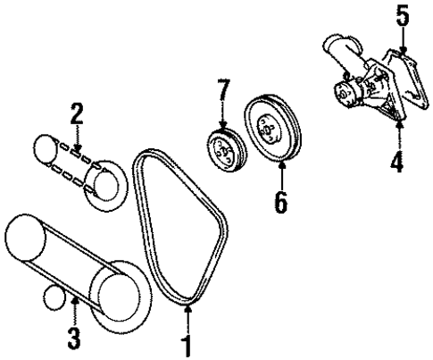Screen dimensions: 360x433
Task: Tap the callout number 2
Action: pyautogui.click(x=77, y=114)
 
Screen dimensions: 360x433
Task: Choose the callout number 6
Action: pyautogui.click(x=279, y=202)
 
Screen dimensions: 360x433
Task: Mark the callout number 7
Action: pyautogui.click(x=223, y=89)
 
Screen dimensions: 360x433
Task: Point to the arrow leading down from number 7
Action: pyautogui.click(x=222, y=116)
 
